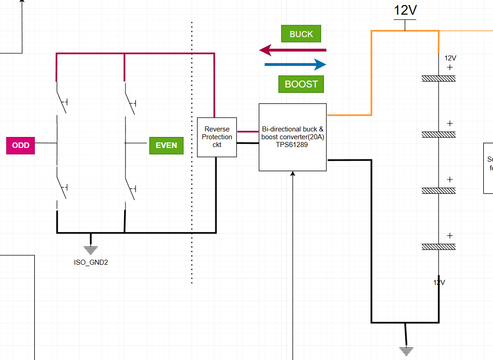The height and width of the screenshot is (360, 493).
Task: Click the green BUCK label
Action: click(301, 34)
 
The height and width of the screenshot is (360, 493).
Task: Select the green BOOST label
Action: click(301, 84)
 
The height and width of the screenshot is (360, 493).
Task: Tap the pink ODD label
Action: click(21, 145)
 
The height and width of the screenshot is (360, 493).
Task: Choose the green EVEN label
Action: click(166, 145)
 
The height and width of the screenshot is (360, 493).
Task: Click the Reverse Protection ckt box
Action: click(217, 137)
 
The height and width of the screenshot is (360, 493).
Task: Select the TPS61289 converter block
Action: click(293, 137)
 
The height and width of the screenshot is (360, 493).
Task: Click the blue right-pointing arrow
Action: click(296, 65)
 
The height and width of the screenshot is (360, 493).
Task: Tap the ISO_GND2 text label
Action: click(91, 262)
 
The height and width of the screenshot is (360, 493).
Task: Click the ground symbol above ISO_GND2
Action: click(91, 249)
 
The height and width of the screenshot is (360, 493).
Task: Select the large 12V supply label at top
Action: click(405, 11)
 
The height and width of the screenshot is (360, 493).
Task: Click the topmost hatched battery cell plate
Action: click(438, 79)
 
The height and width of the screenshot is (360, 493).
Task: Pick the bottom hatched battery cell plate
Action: click(438, 247)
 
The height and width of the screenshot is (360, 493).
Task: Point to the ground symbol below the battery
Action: click(405, 350)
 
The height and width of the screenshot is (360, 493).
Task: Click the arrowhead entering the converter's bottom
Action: click(293, 174)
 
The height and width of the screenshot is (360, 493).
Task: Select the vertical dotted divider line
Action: click(192, 151)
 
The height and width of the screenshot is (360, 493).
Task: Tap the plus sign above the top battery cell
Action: click(450, 67)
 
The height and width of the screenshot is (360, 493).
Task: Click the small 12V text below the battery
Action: click(439, 282)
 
